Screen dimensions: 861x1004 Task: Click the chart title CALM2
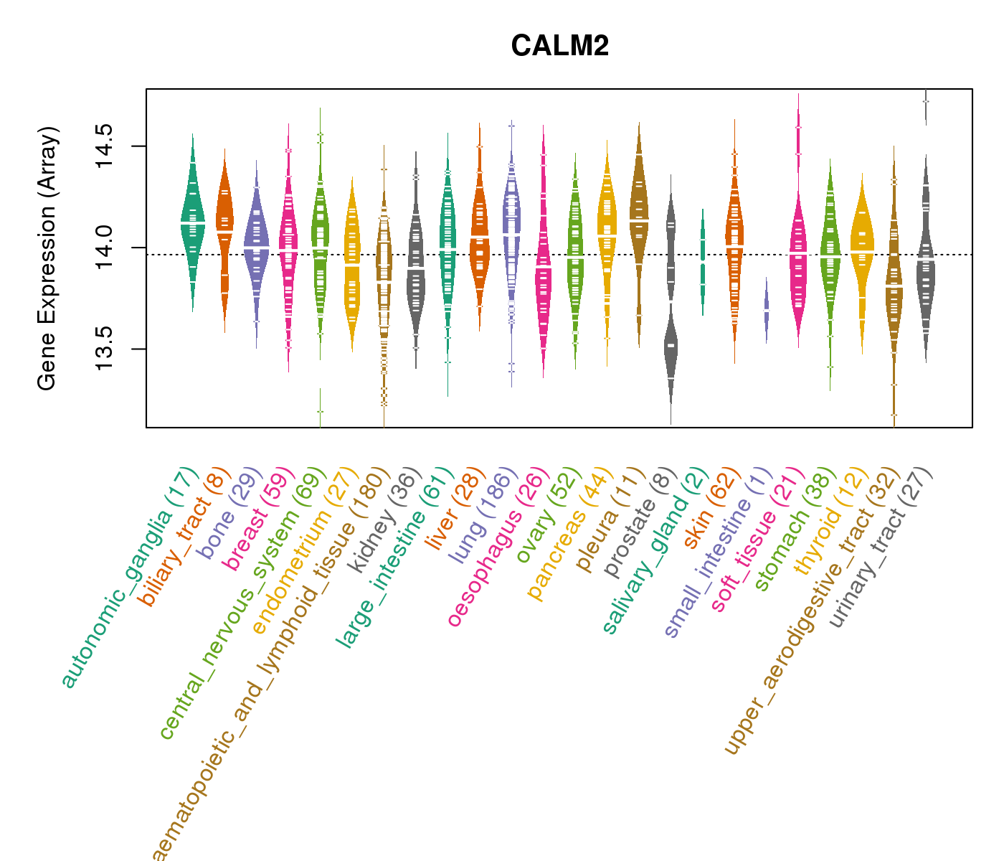[x=560, y=47]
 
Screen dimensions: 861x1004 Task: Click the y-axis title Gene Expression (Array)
[x=47, y=259]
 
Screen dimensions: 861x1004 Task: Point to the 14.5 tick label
[x=105, y=146]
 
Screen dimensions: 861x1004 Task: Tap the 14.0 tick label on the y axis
[x=105, y=248]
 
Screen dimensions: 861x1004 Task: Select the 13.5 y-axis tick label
[x=105, y=349]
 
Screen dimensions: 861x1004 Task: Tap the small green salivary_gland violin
[x=703, y=262]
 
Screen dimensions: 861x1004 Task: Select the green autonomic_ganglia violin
[x=192, y=222]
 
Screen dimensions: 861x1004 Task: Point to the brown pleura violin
[x=638, y=215]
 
